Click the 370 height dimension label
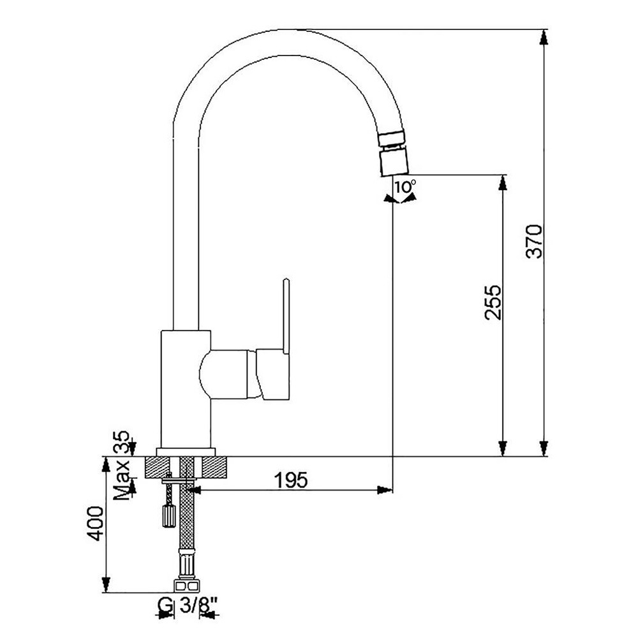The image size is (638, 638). point(534,241)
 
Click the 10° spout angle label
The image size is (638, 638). point(404,187)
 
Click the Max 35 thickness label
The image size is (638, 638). point(122,464)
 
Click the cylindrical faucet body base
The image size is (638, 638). point(185,389)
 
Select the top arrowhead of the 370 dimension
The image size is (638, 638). point(544,37)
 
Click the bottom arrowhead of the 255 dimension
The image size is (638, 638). point(503,449)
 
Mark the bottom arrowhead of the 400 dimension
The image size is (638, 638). point(105,585)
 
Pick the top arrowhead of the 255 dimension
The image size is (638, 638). point(503,182)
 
